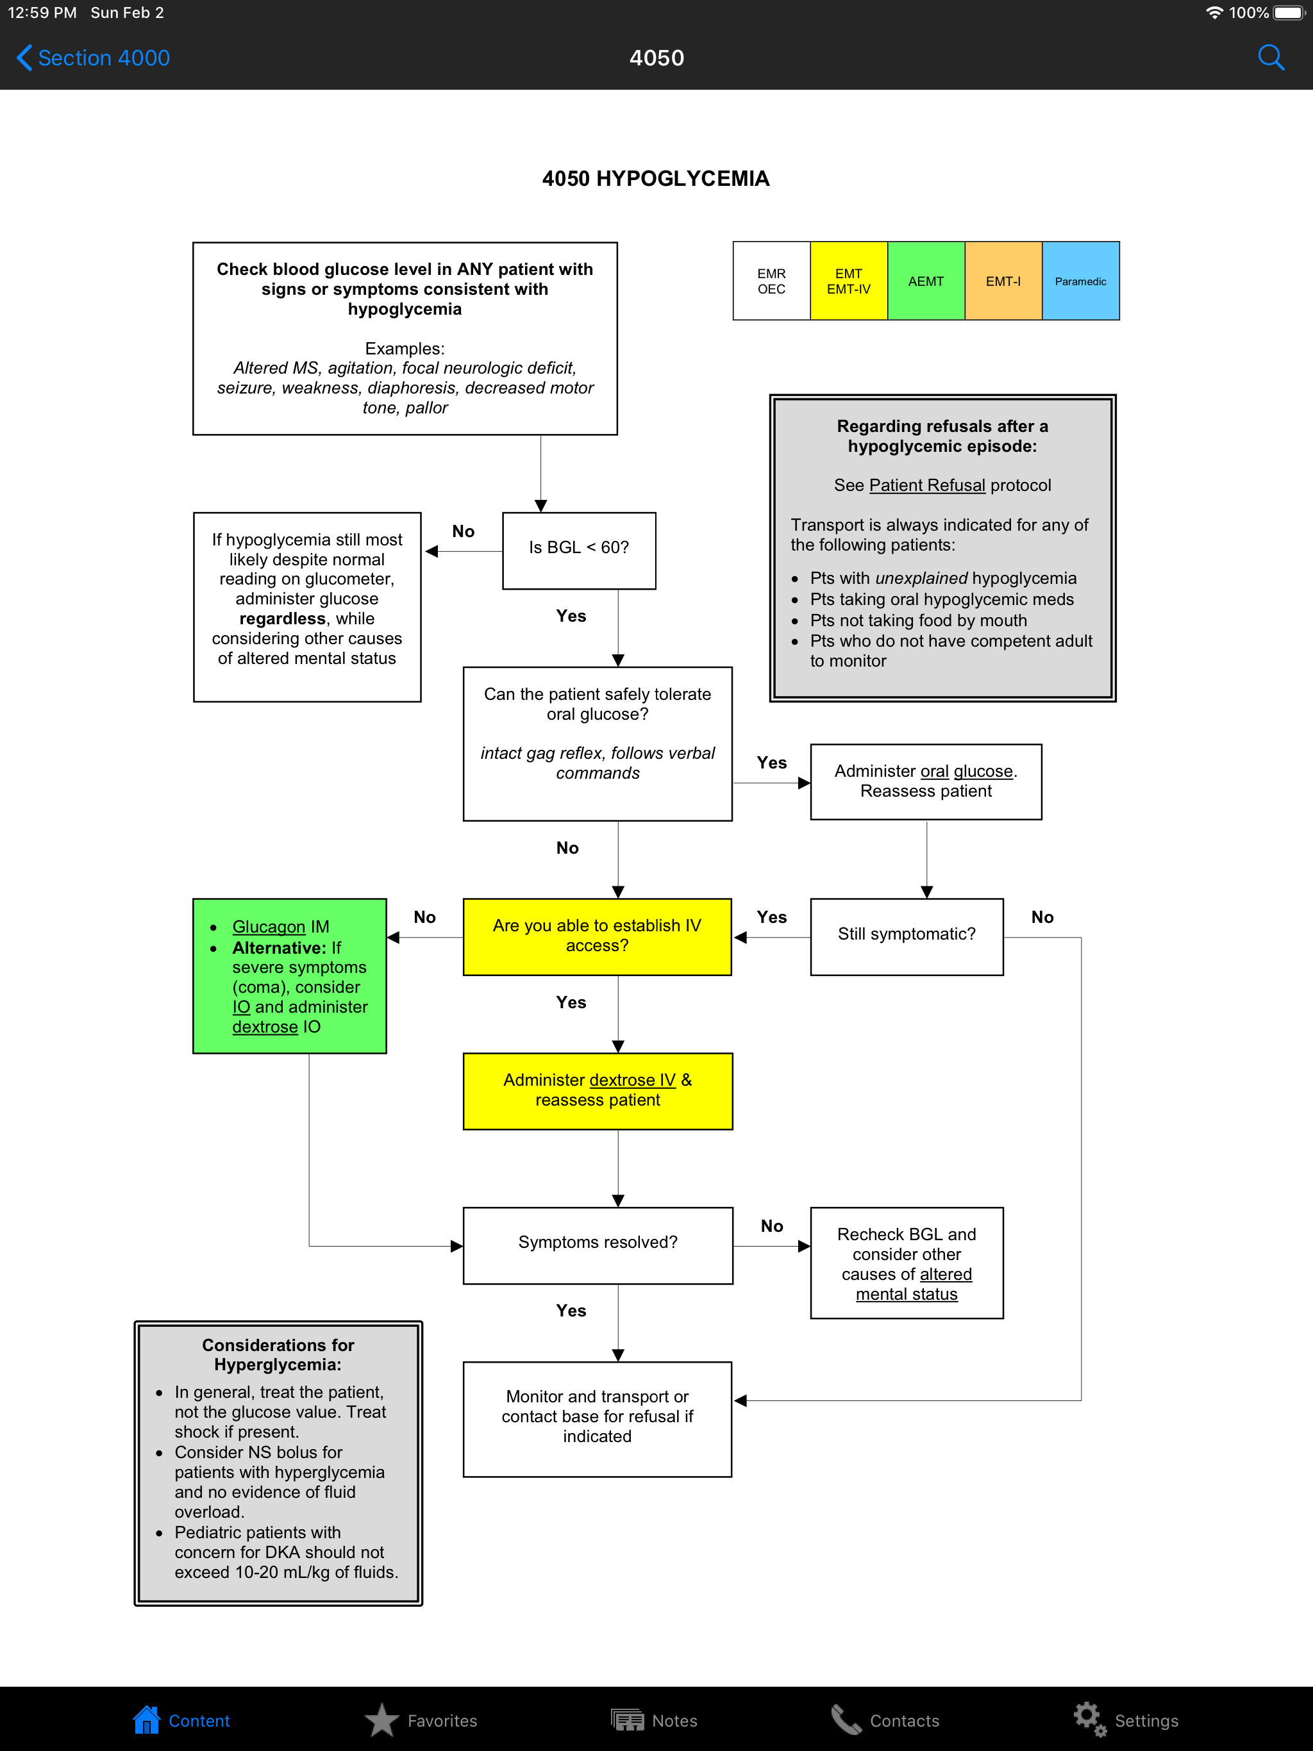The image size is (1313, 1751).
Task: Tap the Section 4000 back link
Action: pyautogui.click(x=94, y=58)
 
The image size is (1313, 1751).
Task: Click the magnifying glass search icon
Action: pyautogui.click(x=1270, y=58)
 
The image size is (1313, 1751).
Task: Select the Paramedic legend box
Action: pyautogui.click(x=1080, y=281)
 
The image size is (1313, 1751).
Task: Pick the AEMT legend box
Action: pyautogui.click(x=926, y=281)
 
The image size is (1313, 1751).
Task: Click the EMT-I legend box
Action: pyautogui.click(x=1003, y=281)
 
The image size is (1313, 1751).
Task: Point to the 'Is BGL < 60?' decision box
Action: pyautogui.click(x=579, y=548)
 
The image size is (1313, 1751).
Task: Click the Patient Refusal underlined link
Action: pyautogui.click(x=926, y=485)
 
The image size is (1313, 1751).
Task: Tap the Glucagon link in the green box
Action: pyautogui.click(x=269, y=927)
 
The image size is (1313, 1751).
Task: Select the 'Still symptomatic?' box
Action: pyautogui.click(x=907, y=935)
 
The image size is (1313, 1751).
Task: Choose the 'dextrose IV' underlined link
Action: pyautogui.click(x=632, y=1081)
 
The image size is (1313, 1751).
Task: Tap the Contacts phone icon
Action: pyautogui.click(x=846, y=1720)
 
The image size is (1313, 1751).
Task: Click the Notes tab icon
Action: pyautogui.click(x=627, y=1720)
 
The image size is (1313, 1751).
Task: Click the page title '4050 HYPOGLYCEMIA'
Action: pyautogui.click(x=656, y=179)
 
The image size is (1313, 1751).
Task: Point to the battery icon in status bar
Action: pyautogui.click(x=1289, y=13)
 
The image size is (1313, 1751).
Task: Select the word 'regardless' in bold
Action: pyautogui.click(x=283, y=619)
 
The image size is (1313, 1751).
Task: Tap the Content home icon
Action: pyautogui.click(x=147, y=1720)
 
